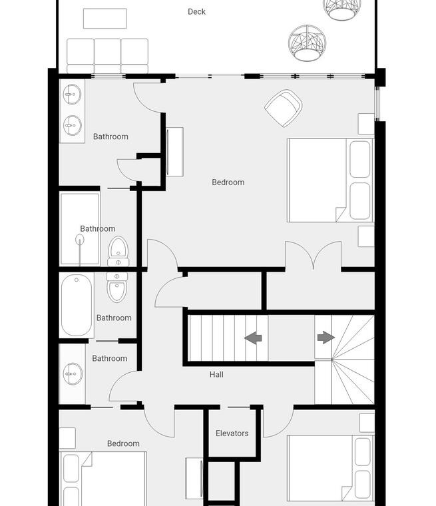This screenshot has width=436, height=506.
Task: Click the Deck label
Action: (x=196, y=11)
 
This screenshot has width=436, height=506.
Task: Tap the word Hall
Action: (x=216, y=374)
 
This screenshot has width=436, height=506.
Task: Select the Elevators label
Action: (x=232, y=433)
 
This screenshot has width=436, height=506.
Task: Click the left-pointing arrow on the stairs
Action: (x=253, y=338)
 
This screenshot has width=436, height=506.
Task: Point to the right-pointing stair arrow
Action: (x=326, y=338)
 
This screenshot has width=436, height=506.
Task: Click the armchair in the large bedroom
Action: (x=284, y=108)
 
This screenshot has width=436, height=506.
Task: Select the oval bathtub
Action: (x=77, y=305)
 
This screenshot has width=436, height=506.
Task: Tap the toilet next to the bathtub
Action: (x=117, y=287)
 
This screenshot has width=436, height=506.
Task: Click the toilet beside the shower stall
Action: (x=118, y=251)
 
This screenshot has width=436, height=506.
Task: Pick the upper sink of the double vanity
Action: (x=72, y=95)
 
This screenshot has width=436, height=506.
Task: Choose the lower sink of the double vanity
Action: (x=73, y=125)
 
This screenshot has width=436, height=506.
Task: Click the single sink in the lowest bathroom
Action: (x=73, y=374)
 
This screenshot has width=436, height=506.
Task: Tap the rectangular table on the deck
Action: (x=105, y=19)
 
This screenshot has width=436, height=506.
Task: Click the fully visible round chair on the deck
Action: (x=308, y=43)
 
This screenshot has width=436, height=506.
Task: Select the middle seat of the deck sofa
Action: (x=107, y=55)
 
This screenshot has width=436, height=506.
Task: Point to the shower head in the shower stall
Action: (x=80, y=240)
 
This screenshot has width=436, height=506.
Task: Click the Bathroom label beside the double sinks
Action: (x=110, y=136)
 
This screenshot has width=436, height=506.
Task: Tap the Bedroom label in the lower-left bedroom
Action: (x=123, y=443)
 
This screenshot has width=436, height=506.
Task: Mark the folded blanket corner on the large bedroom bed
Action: (x=340, y=214)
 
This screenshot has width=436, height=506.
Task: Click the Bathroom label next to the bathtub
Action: (x=114, y=318)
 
